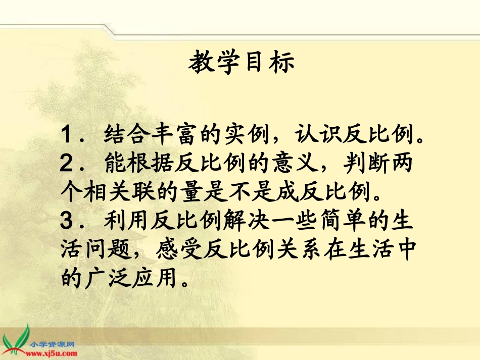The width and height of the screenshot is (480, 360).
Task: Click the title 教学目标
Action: pos(241,64)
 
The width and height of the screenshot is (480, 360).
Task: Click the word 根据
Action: pos(151,164)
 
